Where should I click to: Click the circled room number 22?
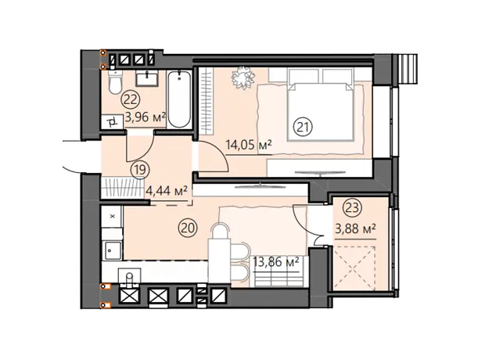(131, 99)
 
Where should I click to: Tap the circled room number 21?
(304, 128)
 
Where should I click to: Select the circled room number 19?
(140, 170)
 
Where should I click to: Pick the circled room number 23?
(352, 207)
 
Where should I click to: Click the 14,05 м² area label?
(249, 145)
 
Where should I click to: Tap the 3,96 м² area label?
(145, 117)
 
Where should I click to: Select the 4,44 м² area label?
(167, 191)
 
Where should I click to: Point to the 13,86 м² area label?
(276, 262)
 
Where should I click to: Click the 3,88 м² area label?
(356, 229)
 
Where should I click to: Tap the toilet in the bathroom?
(116, 82)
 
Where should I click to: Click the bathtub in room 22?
(179, 99)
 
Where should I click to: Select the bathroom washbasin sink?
(147, 77)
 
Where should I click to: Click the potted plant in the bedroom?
(243, 77)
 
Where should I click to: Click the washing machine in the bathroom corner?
(113, 121)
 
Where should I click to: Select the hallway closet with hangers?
(122, 187)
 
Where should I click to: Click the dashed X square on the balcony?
(354, 268)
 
